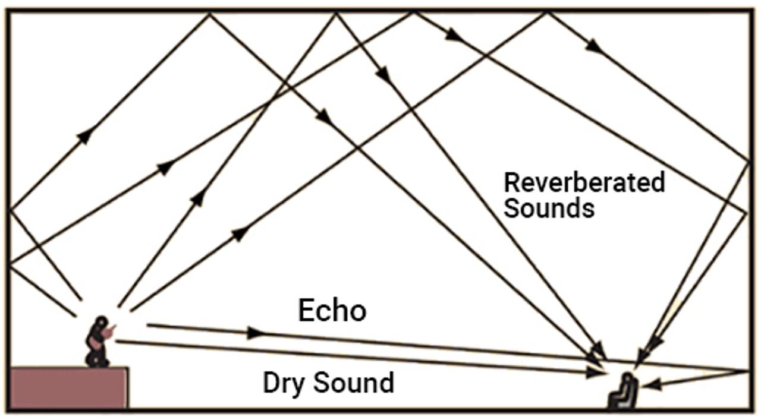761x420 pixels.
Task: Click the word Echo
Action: click(332, 311)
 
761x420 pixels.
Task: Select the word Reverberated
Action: click(584, 182)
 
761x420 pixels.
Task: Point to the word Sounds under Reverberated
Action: click(549, 209)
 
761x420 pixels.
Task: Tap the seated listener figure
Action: click(623, 392)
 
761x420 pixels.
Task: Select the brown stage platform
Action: click(69, 387)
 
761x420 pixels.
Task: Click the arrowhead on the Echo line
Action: click(256, 333)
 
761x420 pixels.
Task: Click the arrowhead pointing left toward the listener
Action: click(652, 385)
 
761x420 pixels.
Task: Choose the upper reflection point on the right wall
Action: click(748, 160)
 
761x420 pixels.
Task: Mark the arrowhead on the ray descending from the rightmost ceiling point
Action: click(593, 46)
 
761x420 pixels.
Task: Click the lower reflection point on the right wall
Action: click(747, 211)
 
